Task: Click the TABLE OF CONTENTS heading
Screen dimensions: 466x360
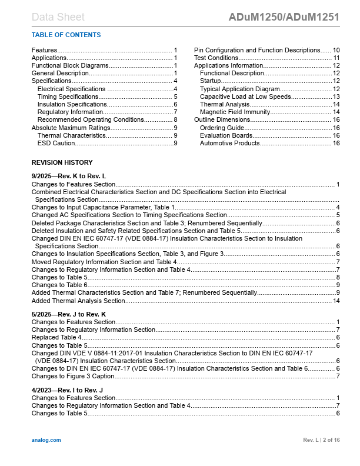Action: pyautogui.click(x=66, y=35)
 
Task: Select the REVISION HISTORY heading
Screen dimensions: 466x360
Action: pyautogui.click(x=62, y=162)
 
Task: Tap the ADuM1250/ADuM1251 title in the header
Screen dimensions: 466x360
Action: pyautogui.click(x=284, y=17)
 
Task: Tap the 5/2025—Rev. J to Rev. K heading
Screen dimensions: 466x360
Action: pyautogui.click(x=69, y=314)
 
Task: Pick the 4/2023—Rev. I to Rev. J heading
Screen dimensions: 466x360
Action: pyautogui.click(x=67, y=390)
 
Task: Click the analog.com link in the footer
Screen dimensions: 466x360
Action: pyautogui.click(x=46, y=440)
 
